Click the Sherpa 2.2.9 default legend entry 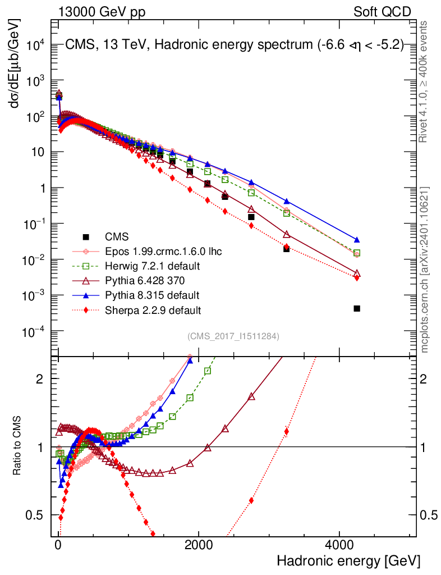coord(153,310)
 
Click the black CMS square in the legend coord(86,237)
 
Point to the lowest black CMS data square coord(357,308)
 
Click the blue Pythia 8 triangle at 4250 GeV coord(357,240)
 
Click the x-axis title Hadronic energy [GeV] coord(348,561)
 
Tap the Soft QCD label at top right coord(382,12)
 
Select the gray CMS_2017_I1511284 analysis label coord(233,336)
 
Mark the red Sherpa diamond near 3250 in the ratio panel coord(287,432)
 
